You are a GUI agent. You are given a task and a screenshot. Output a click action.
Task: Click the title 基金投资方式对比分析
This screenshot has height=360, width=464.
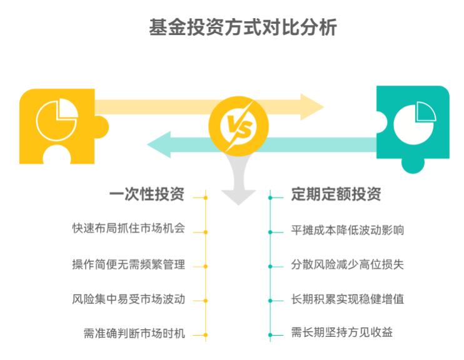[243, 27]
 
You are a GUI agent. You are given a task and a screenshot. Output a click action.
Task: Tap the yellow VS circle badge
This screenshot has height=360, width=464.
[238, 126]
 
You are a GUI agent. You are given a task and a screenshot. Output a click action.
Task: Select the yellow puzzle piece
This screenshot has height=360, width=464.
[64, 126]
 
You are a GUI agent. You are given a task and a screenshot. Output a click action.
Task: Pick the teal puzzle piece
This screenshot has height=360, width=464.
[413, 129]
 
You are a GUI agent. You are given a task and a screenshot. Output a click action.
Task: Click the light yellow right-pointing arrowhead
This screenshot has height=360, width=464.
[312, 107]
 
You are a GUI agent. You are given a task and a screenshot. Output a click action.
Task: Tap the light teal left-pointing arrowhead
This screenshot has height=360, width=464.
[159, 144]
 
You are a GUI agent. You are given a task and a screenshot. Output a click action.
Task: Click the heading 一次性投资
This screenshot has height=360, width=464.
[147, 194]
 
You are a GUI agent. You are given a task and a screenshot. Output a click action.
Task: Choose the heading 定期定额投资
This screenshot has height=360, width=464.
[336, 194]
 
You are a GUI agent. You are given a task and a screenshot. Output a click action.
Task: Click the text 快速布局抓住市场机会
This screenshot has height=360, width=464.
[129, 228]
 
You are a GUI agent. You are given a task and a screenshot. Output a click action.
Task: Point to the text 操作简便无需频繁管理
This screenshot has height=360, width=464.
[129, 264]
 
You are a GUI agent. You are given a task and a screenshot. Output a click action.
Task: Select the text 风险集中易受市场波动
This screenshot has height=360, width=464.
[129, 299]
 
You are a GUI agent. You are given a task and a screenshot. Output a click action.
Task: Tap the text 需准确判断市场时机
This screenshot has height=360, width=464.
[134, 333]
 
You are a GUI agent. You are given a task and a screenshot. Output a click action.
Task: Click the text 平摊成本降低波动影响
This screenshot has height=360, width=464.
[348, 230]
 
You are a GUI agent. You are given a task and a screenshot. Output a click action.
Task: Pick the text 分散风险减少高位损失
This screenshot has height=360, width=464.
[348, 264]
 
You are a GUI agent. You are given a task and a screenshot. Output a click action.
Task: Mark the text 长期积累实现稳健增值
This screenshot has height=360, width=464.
[348, 299]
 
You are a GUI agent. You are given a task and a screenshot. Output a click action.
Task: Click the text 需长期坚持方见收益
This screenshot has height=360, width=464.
[342, 332]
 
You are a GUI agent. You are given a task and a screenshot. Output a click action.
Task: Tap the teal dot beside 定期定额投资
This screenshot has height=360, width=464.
[270, 197]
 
